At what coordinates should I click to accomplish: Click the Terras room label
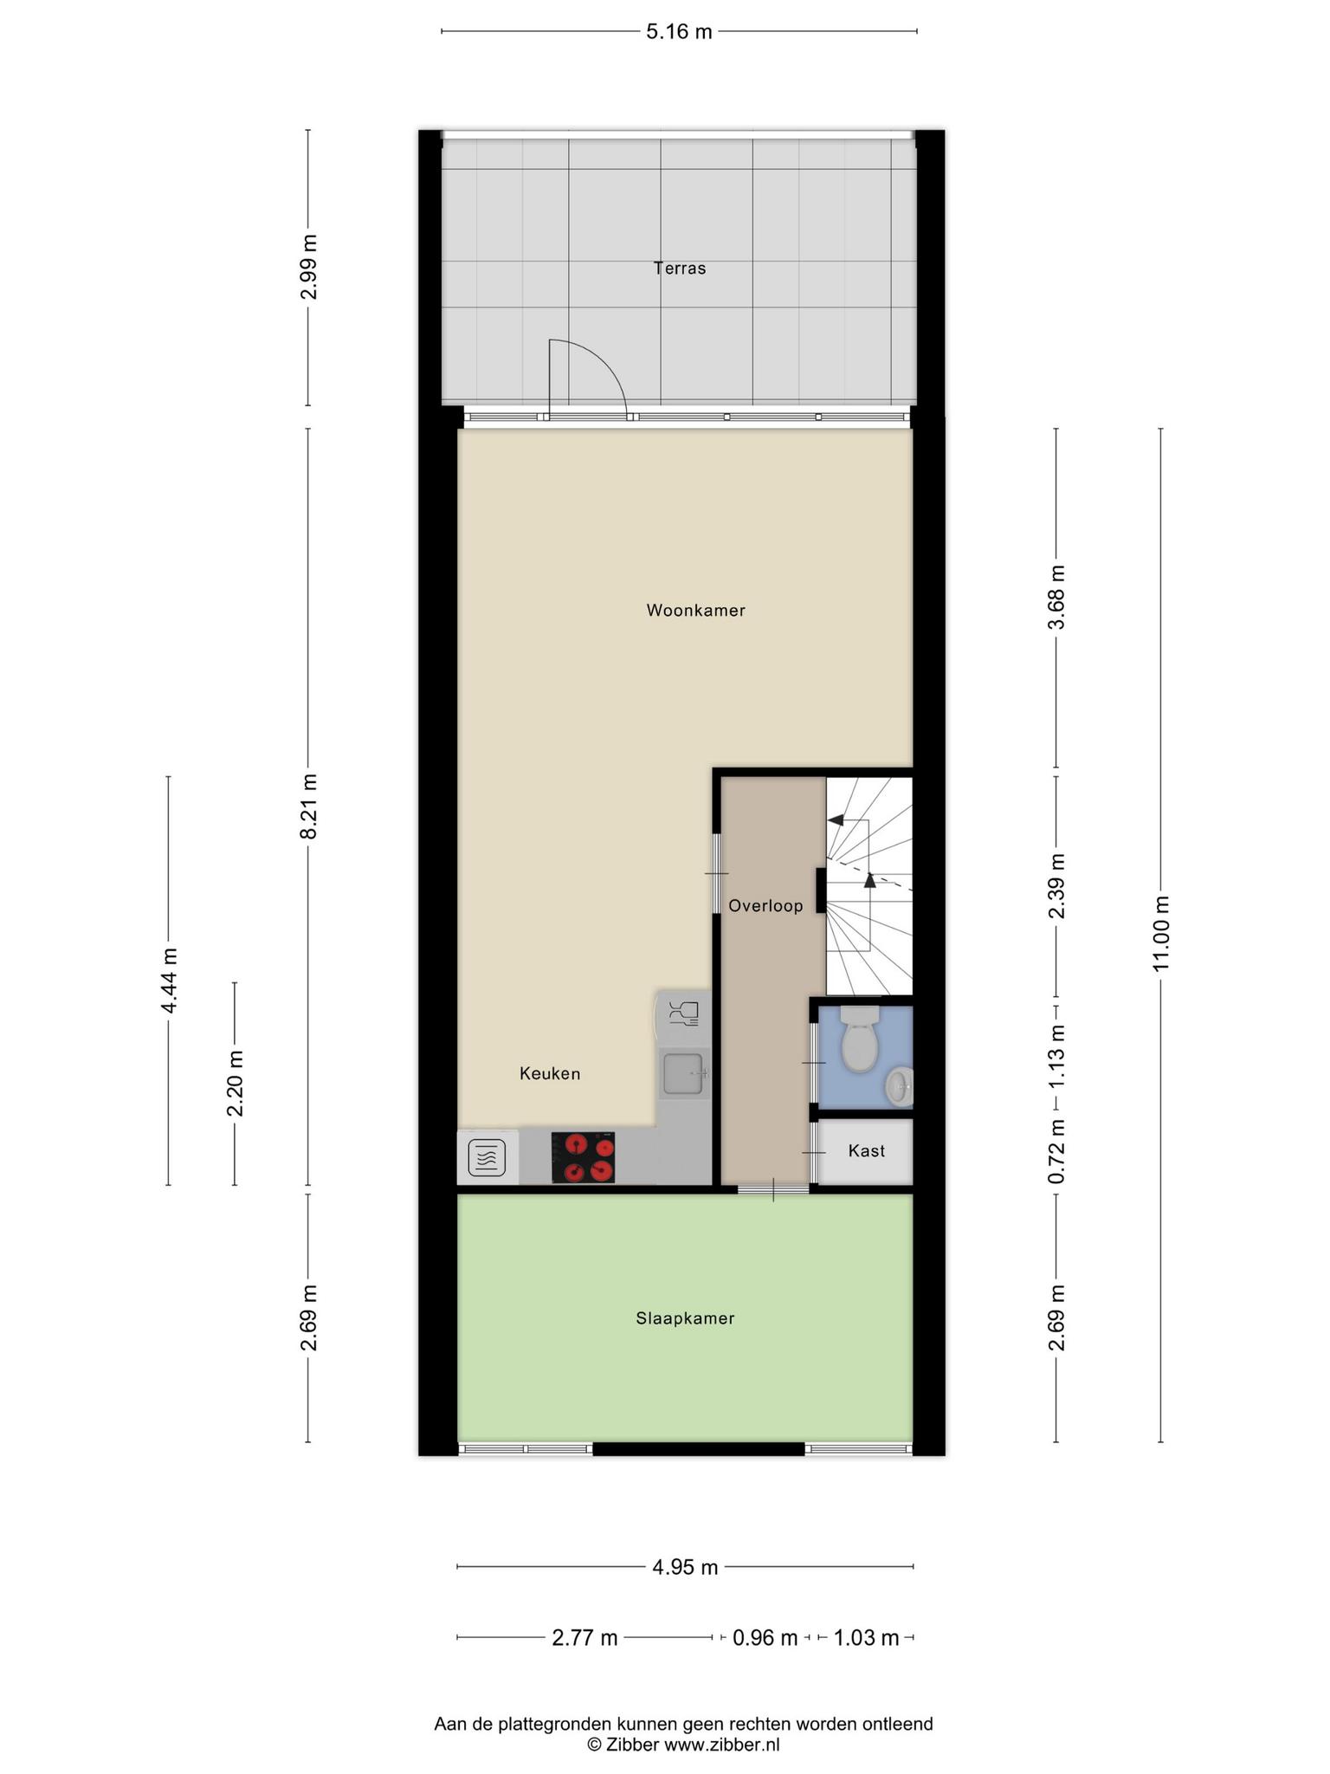tap(680, 269)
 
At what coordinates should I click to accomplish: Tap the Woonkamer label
tap(696, 611)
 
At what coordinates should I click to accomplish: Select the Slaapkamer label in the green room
tap(685, 1318)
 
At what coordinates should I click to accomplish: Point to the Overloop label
tap(765, 906)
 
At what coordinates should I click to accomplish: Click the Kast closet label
tap(867, 1151)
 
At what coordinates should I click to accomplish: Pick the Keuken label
tap(550, 1074)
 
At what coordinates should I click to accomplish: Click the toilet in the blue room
tap(859, 1039)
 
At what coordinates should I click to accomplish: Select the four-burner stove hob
tap(583, 1157)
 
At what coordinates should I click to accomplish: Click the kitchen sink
tap(686, 1073)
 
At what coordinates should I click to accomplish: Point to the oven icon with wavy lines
tap(487, 1158)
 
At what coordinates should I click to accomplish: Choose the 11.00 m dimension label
tap(1160, 934)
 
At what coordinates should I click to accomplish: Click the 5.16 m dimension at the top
tap(680, 32)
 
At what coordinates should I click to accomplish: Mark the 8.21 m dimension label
tap(309, 806)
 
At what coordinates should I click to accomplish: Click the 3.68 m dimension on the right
tap(1056, 598)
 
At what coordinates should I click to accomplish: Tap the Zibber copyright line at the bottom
tap(683, 1745)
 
